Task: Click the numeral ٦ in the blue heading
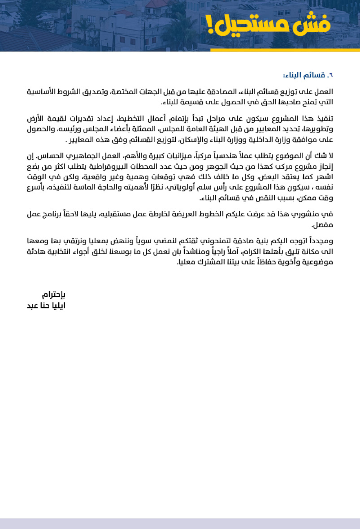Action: [331, 75]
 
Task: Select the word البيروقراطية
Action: [108, 167]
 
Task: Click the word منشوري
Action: [306, 214]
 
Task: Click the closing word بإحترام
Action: [54, 295]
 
